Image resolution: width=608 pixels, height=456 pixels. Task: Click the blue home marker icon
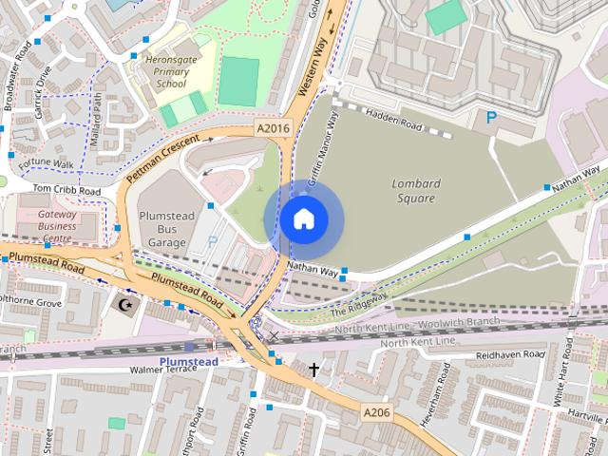click(x=304, y=218)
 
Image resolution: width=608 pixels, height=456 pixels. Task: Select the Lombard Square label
click(x=413, y=191)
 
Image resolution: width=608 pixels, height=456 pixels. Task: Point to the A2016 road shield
click(x=273, y=127)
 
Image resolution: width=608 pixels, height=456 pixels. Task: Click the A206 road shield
click(x=375, y=412)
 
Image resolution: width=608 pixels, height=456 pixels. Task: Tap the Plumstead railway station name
click(x=188, y=362)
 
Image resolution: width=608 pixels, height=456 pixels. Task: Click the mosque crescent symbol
click(x=123, y=305)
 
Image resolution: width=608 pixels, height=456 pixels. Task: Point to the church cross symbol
click(x=313, y=369)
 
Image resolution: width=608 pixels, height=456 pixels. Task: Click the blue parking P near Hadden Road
click(x=491, y=118)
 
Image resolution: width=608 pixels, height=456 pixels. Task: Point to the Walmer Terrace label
click(x=161, y=370)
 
